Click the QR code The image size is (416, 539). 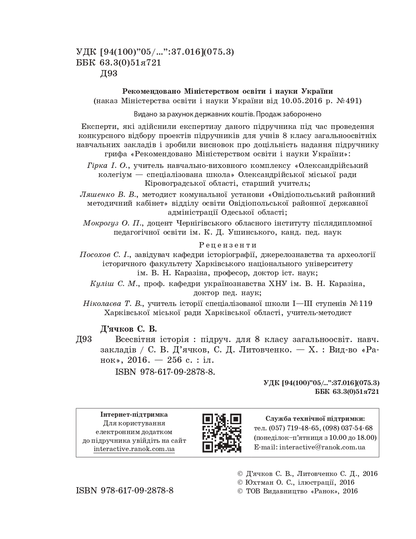tap(222, 433)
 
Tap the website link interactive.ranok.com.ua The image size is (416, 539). tap(134, 449)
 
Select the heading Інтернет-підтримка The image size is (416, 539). tap(134, 414)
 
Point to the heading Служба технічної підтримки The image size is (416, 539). tap(315, 418)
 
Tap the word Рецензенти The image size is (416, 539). tap(228, 245)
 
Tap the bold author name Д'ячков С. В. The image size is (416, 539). tap(129, 329)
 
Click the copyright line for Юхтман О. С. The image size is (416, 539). tap(295, 482)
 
